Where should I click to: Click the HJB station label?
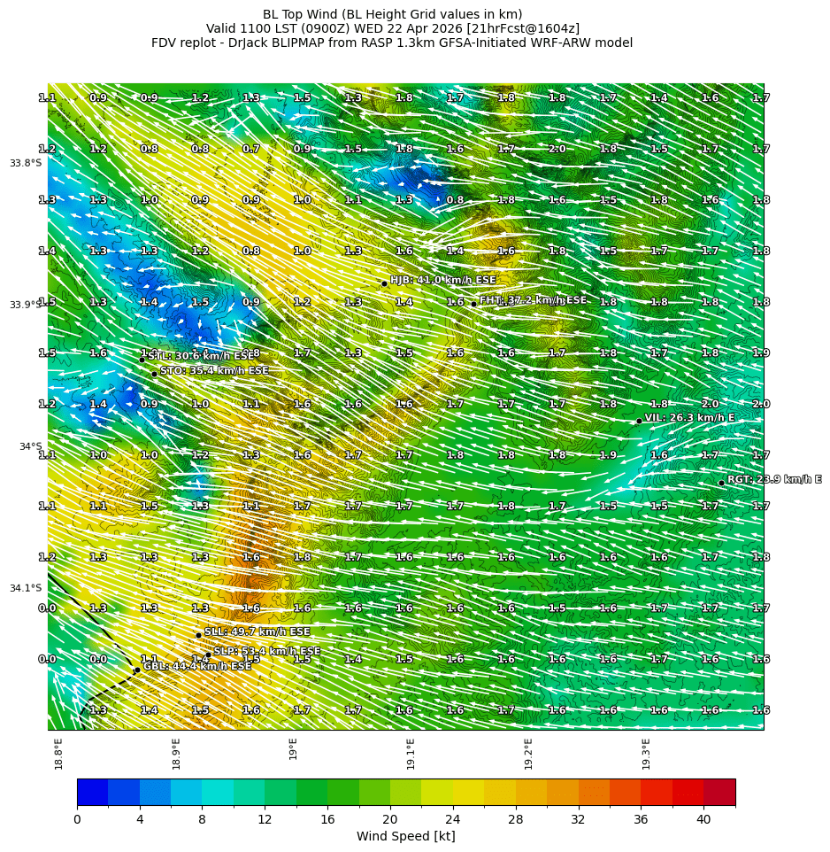(x=442, y=280)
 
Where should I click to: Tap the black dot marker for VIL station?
(x=639, y=421)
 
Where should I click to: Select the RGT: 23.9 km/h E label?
(x=773, y=479)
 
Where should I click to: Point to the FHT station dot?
(x=473, y=304)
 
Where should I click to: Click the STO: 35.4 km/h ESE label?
(x=214, y=370)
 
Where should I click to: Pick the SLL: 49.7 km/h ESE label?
(x=257, y=631)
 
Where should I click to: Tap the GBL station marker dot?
(x=137, y=670)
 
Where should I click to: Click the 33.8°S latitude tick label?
(x=26, y=163)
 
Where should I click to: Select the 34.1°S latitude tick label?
(x=26, y=588)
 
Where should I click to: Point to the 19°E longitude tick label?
(x=294, y=749)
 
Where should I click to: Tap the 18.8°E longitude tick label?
(x=58, y=753)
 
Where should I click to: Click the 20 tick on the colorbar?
(x=390, y=820)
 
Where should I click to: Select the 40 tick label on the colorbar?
(x=703, y=820)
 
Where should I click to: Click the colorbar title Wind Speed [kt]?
(x=405, y=836)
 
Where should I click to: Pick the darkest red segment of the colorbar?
(x=719, y=792)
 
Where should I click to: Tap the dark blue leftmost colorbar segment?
(x=92, y=792)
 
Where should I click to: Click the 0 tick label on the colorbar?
(x=77, y=820)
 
